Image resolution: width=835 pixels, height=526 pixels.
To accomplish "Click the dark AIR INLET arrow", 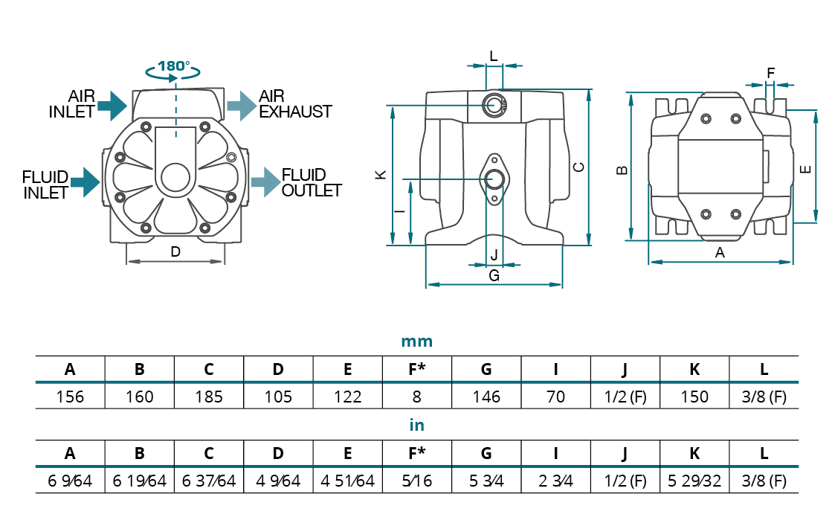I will (113, 105).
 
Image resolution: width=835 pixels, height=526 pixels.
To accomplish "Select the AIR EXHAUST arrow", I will (240, 105).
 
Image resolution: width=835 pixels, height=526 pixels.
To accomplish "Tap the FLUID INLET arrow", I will (86, 182).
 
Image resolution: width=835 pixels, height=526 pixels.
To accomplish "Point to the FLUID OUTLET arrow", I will (265, 182).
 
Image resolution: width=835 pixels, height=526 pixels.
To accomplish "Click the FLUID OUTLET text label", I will (311, 182).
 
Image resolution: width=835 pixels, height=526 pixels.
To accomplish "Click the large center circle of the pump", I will (175, 179).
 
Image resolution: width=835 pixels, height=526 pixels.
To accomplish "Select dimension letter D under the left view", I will (175, 251).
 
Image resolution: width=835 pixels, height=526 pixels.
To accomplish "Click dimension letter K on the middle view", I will (380, 175).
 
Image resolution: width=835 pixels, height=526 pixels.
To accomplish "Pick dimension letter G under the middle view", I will (494, 275).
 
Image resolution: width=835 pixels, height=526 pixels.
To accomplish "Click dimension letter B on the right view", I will (623, 170).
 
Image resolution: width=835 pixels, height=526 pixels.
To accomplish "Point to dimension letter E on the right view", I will (805, 170).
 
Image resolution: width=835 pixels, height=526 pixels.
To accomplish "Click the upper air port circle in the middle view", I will (494, 105).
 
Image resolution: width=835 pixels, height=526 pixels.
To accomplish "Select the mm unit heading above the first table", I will (416, 342).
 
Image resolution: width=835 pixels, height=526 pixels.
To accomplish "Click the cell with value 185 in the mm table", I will (209, 397).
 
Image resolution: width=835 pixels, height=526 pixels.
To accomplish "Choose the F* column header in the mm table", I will (416, 369).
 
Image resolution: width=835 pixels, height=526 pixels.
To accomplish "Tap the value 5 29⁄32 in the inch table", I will (694, 481).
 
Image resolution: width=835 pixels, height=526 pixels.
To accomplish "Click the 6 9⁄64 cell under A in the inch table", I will (70, 481).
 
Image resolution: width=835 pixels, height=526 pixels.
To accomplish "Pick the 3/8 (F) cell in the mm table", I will (764, 397).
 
